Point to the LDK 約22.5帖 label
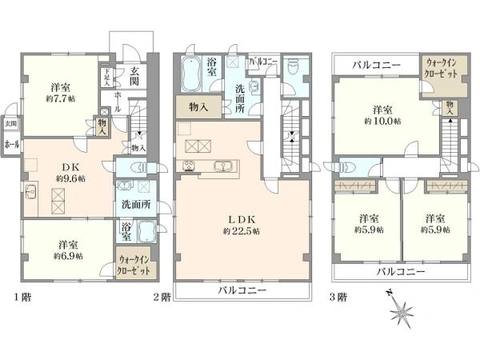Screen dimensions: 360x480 [x=241, y=230]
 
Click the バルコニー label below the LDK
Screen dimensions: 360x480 [x=241, y=291]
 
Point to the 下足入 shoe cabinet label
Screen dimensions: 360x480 [x=106, y=77]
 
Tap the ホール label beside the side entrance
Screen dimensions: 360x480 [x=12, y=146]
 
